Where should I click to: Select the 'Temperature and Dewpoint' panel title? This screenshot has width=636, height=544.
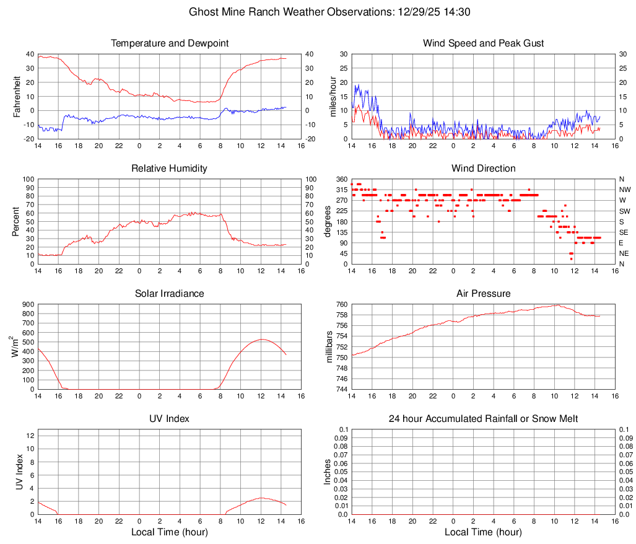(x=170, y=43)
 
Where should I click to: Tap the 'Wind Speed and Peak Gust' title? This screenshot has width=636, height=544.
(x=483, y=43)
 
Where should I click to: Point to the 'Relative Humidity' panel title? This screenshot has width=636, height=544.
(x=170, y=169)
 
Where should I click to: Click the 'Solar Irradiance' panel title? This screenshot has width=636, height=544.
(x=170, y=294)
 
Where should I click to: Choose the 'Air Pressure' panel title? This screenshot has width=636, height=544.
(x=483, y=294)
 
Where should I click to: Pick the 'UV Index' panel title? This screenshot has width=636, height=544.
(x=170, y=419)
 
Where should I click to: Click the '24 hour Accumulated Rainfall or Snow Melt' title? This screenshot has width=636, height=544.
(x=483, y=419)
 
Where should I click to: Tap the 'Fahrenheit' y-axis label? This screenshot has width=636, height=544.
(x=17, y=96)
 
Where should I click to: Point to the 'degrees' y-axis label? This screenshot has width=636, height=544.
(x=329, y=221)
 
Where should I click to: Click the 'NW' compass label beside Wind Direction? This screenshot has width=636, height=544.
(x=625, y=190)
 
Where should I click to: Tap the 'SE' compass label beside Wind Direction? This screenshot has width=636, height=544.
(x=625, y=232)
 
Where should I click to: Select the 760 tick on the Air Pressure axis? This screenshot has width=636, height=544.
(x=341, y=304)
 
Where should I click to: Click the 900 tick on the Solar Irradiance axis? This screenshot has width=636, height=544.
(x=27, y=304)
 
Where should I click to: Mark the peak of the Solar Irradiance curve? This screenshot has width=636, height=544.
(x=261, y=339)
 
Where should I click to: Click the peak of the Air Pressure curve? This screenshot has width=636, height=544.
(x=558, y=305)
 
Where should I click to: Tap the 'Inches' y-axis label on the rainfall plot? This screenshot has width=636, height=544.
(x=328, y=472)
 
